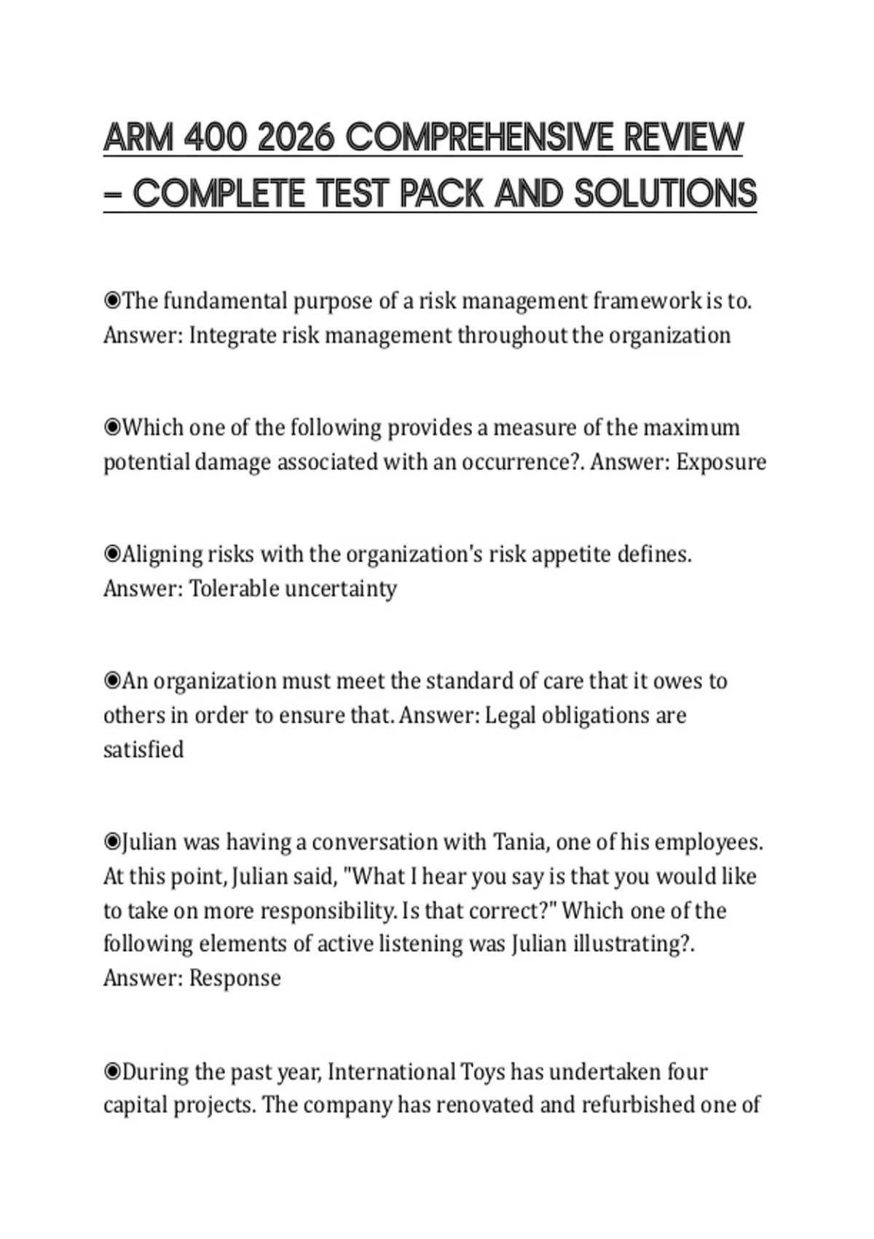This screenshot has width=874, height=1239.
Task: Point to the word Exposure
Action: pos(721,462)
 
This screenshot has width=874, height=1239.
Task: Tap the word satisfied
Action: pos(143,749)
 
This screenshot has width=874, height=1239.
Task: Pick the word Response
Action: pos(235,978)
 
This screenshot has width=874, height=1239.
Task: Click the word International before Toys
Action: pos(391,1072)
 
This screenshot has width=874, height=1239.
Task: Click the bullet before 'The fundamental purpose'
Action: pos(112,301)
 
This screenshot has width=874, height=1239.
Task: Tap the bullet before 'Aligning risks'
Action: pos(112,555)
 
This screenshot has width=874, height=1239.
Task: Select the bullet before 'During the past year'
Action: pos(112,1072)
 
